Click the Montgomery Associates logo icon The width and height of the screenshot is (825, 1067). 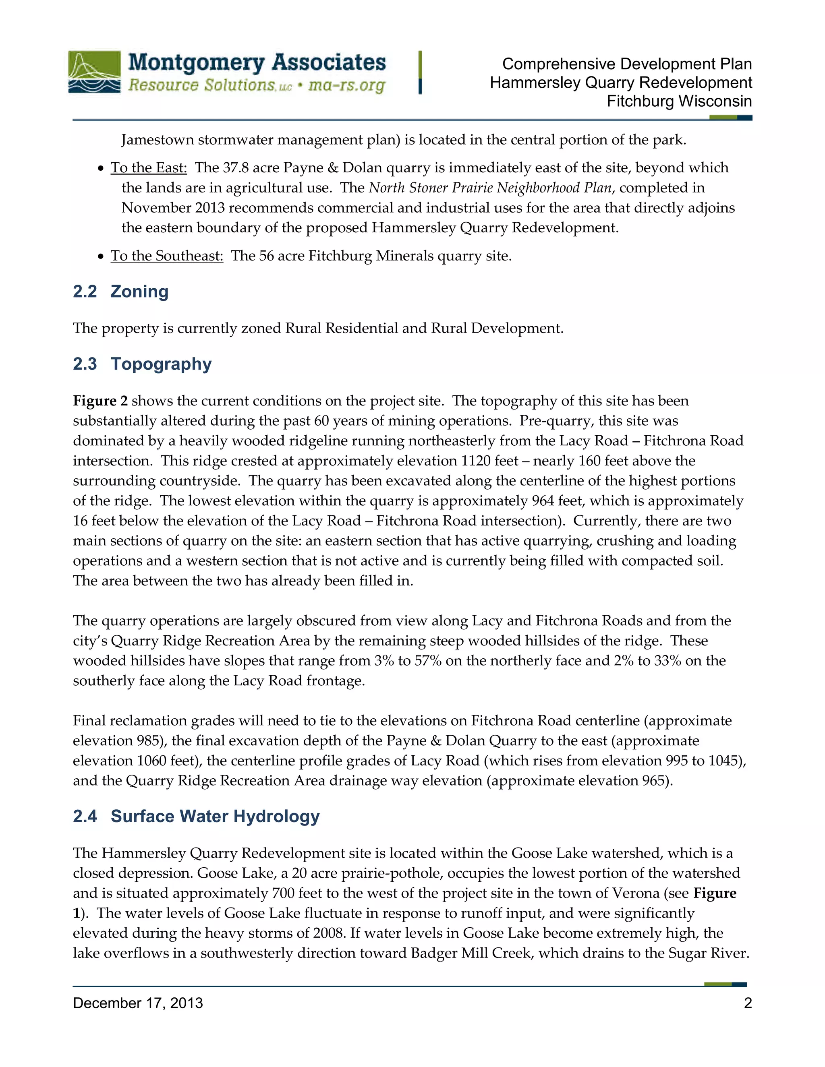click(94, 72)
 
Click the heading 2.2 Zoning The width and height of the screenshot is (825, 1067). click(121, 291)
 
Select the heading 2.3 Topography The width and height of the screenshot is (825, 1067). click(142, 364)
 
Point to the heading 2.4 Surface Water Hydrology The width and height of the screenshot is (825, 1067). click(196, 817)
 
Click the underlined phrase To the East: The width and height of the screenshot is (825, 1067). click(149, 167)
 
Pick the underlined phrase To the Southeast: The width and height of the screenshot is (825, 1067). click(167, 256)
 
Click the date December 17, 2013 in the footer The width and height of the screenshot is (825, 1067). click(138, 1003)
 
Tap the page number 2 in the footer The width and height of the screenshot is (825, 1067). click(748, 1003)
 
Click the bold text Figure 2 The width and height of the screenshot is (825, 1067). click(100, 401)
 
